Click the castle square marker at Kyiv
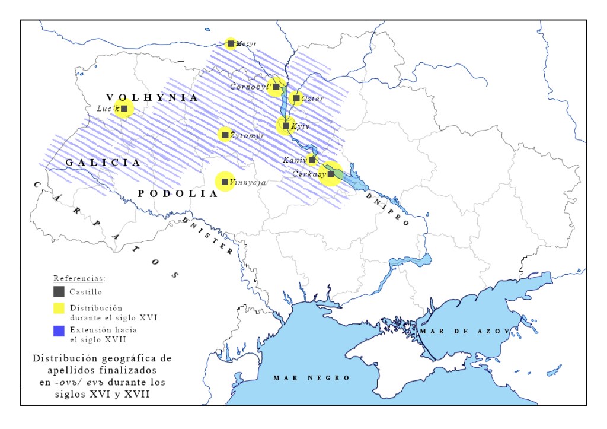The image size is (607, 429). coord(286,126)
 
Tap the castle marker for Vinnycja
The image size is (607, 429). coord(225,182)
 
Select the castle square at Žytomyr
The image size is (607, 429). coord(225,135)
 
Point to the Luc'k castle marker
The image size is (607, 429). coord(124,109)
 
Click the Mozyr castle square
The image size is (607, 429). coord(231,43)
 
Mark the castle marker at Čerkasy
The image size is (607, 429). coord(331,174)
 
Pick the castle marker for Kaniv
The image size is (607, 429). coord(312,160)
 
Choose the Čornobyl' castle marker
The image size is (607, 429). coord(276,87)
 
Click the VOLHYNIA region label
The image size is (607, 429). coord(152,98)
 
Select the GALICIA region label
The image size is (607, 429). coord(103,162)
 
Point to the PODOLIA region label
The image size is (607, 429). coord(177,193)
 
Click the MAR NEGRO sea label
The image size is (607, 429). coord(311,378)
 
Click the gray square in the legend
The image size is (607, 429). coord(59,291)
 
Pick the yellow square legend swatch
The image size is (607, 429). coord(59,308)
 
